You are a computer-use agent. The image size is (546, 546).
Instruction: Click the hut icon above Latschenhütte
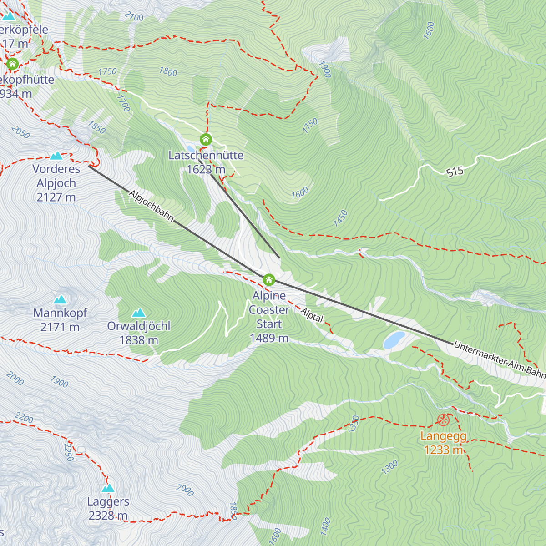(x=206, y=139)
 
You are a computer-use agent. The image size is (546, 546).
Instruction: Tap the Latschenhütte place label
(x=206, y=156)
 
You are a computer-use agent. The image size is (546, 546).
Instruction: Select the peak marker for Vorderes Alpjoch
(x=56, y=156)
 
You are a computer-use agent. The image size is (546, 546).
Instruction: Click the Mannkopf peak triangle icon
(x=60, y=300)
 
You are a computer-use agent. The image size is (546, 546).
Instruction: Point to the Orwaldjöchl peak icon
(x=138, y=313)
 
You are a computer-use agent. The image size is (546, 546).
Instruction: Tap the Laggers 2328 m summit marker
(x=108, y=489)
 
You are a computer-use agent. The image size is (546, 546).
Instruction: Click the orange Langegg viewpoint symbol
(x=443, y=420)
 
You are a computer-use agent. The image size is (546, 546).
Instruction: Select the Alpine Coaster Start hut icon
(x=269, y=279)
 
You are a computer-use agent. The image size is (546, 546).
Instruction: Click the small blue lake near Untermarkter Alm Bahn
(x=394, y=340)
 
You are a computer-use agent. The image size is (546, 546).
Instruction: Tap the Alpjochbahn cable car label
(x=152, y=206)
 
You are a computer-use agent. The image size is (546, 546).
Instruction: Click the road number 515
(x=455, y=172)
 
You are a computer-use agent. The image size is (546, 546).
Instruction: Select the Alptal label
(x=312, y=315)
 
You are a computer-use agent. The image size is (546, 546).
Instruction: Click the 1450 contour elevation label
(x=340, y=218)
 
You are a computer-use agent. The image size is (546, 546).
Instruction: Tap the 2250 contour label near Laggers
(x=69, y=451)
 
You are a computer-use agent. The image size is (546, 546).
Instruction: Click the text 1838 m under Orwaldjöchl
(x=139, y=340)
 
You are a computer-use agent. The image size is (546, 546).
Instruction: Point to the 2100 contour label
(x=134, y=17)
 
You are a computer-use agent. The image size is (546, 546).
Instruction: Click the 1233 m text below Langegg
(x=443, y=450)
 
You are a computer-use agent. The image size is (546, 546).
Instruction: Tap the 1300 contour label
(x=389, y=467)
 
